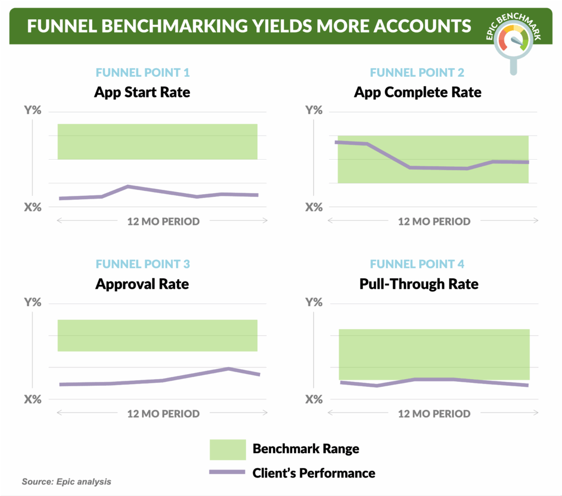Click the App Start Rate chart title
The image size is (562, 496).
(142, 92)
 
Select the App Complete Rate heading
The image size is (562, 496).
(417, 92)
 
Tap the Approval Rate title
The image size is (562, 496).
(142, 284)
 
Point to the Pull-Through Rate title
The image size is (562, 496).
(419, 284)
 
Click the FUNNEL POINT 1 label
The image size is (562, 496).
(143, 72)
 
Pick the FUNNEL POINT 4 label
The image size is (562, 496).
(417, 264)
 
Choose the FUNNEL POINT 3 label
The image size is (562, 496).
(143, 264)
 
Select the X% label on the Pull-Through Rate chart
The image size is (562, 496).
(313, 399)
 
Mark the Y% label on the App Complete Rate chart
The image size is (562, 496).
(313, 111)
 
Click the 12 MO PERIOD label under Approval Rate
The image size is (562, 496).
(163, 414)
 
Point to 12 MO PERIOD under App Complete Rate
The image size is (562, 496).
(434, 222)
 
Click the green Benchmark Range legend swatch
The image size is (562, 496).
(227, 449)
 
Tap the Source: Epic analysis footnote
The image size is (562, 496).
(66, 482)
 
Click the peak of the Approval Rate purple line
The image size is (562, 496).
(228, 369)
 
